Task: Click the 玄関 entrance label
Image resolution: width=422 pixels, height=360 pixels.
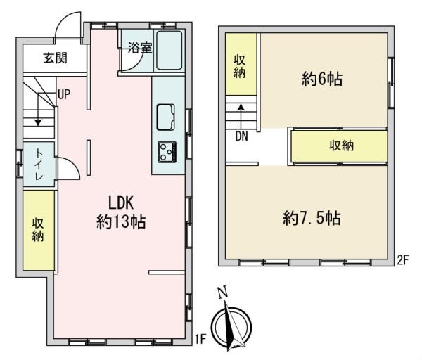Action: tap(55, 58)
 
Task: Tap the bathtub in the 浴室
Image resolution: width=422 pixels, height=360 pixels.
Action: tap(170, 51)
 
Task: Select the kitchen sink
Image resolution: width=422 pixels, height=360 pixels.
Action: tap(165, 117)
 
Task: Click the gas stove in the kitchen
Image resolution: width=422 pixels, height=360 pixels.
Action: tap(167, 152)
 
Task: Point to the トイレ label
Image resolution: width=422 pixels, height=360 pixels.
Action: tap(39, 165)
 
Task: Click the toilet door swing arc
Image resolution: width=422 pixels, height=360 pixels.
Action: tap(71, 165)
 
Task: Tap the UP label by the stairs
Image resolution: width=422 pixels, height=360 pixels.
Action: tap(64, 94)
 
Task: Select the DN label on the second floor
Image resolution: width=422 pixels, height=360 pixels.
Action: tap(241, 136)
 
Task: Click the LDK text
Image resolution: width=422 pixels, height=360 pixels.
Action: tap(121, 202)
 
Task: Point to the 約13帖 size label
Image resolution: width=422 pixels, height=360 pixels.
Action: tap(121, 222)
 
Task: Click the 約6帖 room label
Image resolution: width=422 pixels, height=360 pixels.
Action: tap(322, 79)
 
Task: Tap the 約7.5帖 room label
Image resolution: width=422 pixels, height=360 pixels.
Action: tap(312, 218)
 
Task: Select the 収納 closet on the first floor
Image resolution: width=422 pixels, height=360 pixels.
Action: tap(39, 231)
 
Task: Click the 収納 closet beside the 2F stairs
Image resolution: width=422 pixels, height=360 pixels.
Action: tap(241, 64)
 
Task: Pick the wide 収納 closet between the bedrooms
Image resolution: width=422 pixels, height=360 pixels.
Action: tap(340, 146)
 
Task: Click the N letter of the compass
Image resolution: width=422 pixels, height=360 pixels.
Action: tap(222, 292)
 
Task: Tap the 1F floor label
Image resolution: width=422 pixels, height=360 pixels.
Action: tap(200, 339)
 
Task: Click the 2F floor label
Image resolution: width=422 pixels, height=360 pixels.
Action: tap(402, 260)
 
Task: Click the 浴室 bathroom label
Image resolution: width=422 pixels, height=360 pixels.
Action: tap(140, 48)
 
